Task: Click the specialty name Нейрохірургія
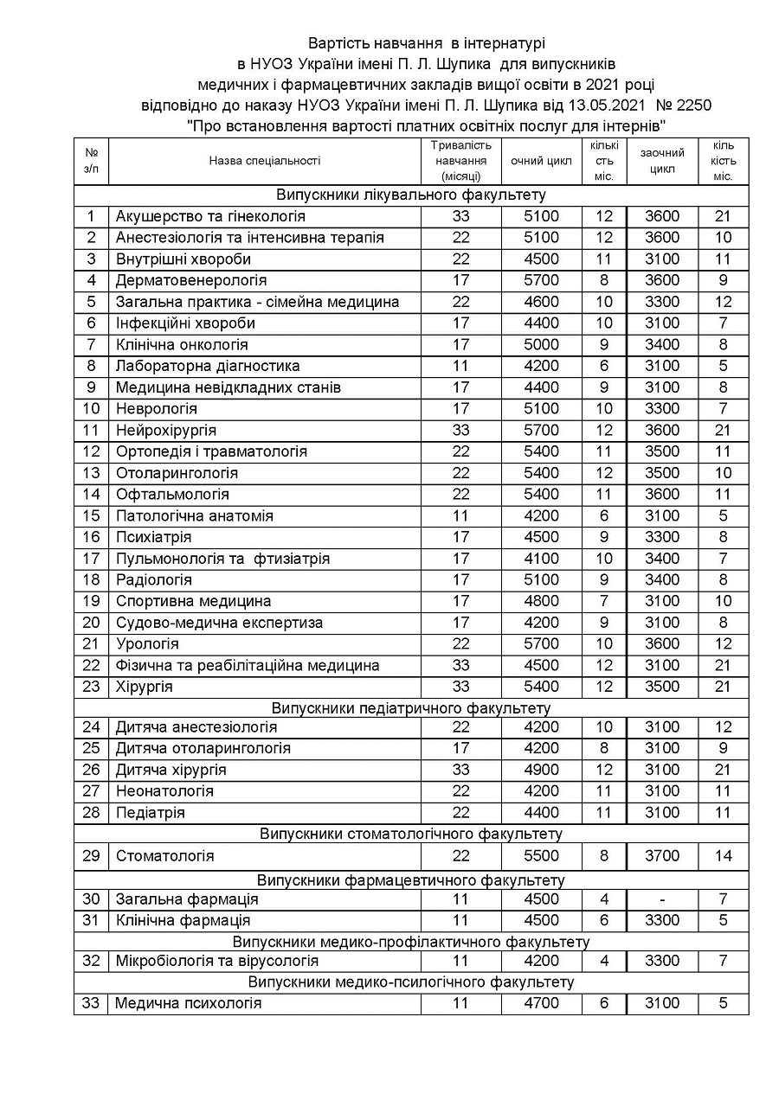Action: point(166,430)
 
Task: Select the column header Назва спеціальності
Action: point(264,160)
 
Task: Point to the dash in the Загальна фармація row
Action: point(662,899)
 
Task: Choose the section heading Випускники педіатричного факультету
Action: point(411,708)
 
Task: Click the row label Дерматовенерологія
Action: point(191,280)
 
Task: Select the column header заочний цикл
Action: point(662,160)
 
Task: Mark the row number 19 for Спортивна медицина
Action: point(91,601)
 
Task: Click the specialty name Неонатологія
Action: point(164,791)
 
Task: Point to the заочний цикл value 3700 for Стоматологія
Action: point(662,856)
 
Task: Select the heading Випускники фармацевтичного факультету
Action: point(411,880)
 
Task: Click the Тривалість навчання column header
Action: point(460,160)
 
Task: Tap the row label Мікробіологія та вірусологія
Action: point(217,961)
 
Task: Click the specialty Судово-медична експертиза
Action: point(219,623)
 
